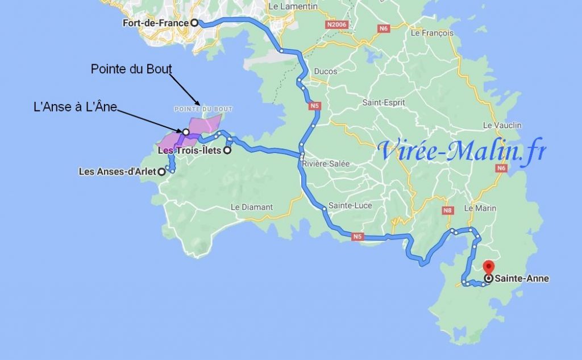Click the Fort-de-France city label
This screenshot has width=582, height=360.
point(155,23)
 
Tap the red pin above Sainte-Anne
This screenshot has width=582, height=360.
point(488,267)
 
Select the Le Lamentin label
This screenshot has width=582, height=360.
point(287,6)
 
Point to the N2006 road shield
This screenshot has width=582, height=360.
point(337,25)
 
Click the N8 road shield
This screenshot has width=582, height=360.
point(448,211)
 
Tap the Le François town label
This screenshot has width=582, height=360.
point(432,33)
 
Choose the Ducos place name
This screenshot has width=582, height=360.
point(325,72)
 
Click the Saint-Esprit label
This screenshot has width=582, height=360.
point(384,103)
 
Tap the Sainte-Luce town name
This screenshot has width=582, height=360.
point(347,205)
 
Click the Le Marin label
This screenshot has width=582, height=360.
point(480,208)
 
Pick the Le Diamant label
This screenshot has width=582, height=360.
point(252,207)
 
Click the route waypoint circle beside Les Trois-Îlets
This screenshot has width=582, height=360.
point(227,151)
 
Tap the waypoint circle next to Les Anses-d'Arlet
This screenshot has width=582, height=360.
point(161,171)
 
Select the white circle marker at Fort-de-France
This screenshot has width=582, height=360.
point(194,23)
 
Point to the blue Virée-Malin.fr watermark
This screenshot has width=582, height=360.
point(462,151)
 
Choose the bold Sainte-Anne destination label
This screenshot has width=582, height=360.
point(522,279)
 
